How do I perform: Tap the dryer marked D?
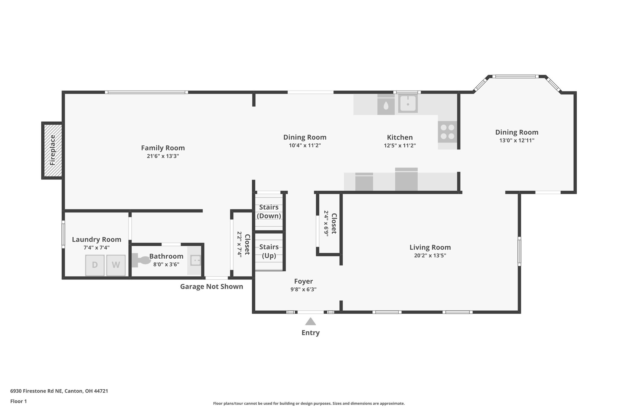click(95, 265)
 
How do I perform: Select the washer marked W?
click(116, 265)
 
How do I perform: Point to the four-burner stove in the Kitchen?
click(448, 132)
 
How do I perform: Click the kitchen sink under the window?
click(408, 104)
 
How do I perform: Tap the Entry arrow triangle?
click(310, 321)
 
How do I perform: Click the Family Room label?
click(163, 148)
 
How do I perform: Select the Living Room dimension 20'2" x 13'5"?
click(430, 255)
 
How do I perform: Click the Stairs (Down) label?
click(269, 211)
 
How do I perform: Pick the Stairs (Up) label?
click(269, 251)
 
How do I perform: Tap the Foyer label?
click(303, 281)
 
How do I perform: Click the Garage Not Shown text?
click(212, 286)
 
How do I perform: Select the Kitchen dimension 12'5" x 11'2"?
click(400, 145)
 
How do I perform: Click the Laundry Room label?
click(97, 239)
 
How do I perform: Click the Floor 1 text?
click(18, 401)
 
